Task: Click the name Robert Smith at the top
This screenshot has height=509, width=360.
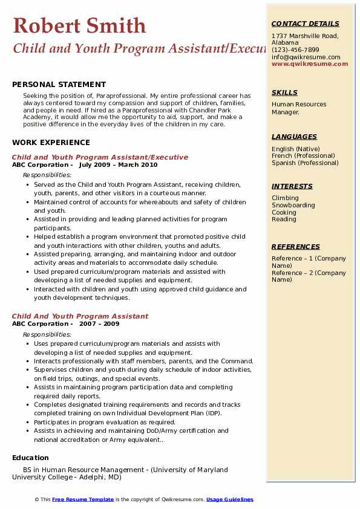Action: (79, 25)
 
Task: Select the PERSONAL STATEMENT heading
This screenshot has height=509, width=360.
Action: (59, 85)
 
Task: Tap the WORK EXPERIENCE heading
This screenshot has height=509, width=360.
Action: (51, 143)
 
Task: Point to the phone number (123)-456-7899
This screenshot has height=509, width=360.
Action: (295, 50)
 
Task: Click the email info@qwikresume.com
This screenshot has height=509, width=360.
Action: (306, 57)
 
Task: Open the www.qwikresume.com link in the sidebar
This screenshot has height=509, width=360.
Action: (310, 64)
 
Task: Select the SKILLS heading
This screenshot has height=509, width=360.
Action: (284, 92)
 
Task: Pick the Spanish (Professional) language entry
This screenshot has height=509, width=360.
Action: (306, 163)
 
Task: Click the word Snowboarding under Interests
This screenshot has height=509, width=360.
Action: (293, 206)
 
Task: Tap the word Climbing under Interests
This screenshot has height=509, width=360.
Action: (285, 198)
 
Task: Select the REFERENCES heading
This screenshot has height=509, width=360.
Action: (296, 247)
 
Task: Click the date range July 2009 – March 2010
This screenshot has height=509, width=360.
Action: (118, 165)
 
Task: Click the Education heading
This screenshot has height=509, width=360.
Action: (30, 458)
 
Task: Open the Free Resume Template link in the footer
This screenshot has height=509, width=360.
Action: (83, 499)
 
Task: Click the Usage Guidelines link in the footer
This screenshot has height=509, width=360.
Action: (229, 499)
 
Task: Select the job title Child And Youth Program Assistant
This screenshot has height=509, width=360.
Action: (80, 316)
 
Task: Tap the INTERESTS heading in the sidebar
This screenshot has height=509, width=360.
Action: (292, 186)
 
